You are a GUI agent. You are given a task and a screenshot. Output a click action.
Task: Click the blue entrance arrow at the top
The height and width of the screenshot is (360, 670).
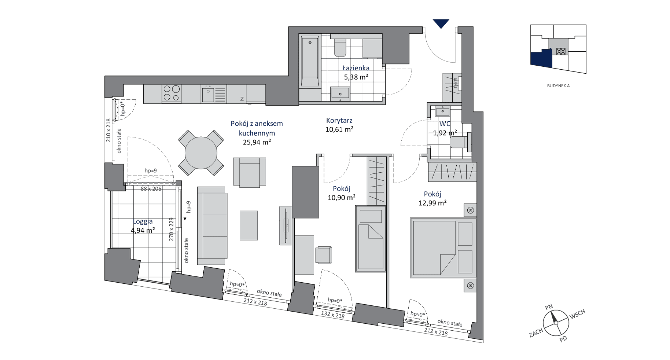point(441,23)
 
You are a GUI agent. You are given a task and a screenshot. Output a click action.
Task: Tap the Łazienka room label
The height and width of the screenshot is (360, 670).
point(356,68)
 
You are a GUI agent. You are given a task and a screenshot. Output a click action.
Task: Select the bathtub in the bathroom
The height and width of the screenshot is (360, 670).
point(310,61)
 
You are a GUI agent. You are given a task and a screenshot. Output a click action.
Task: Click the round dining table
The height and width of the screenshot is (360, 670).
point(201,153)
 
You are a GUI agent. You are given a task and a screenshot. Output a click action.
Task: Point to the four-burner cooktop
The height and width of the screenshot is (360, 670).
point(172,93)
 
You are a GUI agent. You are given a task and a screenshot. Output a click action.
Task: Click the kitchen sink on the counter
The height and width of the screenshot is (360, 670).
point(208,95)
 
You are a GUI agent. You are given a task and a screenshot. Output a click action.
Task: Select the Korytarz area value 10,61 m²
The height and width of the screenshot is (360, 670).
point(339,129)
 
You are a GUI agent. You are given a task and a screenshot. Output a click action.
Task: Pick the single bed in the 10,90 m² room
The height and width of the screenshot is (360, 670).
point(371,239)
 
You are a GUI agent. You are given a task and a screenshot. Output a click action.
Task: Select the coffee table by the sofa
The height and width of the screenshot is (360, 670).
point(249,225)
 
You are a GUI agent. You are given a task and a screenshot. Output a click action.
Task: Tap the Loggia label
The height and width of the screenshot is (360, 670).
point(143,221)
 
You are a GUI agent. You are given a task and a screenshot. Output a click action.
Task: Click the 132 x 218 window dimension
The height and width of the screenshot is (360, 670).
point(333,315)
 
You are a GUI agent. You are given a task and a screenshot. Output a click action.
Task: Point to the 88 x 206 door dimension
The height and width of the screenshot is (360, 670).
point(151,189)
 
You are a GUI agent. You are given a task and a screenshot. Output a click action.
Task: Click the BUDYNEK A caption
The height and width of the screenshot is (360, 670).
point(558,86)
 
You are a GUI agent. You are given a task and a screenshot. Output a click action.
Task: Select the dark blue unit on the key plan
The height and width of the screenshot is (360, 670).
point(541,59)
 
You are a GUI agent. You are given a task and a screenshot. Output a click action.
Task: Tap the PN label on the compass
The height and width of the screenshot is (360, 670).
point(549,307)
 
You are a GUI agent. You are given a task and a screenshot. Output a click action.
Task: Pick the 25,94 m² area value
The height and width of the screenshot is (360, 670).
point(257,142)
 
